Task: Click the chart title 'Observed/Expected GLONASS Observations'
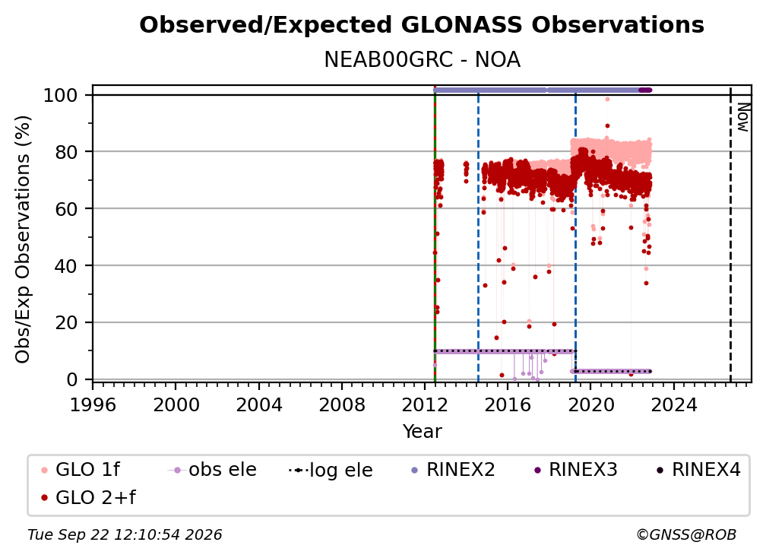(x=422, y=25)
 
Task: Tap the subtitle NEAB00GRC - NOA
(x=422, y=60)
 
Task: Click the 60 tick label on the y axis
(x=66, y=209)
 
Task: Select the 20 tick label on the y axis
(x=66, y=323)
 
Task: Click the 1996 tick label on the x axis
(x=93, y=405)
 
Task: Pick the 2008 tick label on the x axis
(x=341, y=405)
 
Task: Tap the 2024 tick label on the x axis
(x=673, y=405)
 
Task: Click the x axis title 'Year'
(x=422, y=432)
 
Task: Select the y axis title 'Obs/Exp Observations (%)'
(x=23, y=239)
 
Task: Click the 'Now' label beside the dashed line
(x=743, y=117)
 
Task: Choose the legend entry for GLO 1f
(x=80, y=470)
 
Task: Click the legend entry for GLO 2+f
(x=88, y=498)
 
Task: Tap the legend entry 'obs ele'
(x=212, y=470)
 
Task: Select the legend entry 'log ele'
(x=331, y=471)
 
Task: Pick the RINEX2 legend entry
(x=454, y=470)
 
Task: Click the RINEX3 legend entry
(x=576, y=470)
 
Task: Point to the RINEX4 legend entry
(x=699, y=470)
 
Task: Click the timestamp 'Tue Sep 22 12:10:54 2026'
(x=125, y=535)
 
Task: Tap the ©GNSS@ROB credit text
(x=686, y=535)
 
